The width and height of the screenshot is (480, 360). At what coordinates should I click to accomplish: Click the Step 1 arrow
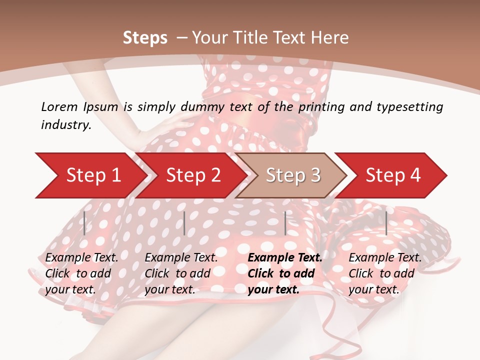click(93, 175)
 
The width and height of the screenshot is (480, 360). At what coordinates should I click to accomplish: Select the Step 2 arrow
click(193, 175)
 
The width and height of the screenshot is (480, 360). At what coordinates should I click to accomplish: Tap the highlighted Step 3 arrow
click(293, 175)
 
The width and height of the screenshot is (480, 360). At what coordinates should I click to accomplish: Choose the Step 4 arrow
click(393, 175)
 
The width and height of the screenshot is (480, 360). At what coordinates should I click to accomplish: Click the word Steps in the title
click(145, 37)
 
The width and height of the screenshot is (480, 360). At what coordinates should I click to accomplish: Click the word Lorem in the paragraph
click(59, 106)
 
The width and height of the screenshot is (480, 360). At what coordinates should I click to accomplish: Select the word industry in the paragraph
click(65, 125)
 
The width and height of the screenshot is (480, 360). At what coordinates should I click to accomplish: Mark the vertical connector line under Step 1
click(84, 223)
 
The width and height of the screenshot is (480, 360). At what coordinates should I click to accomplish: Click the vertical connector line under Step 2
click(184, 223)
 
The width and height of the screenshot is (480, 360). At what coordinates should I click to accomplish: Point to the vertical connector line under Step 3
click(285, 223)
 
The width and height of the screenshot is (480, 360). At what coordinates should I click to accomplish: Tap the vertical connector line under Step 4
click(386, 223)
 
